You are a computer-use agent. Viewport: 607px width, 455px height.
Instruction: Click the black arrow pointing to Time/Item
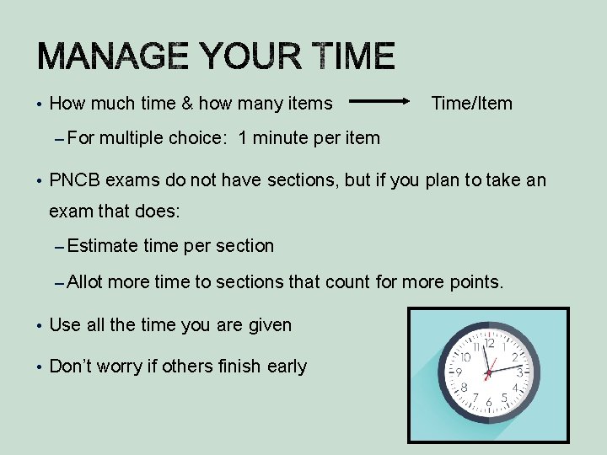[x=379, y=104]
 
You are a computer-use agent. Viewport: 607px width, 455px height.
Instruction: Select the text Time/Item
[x=471, y=104]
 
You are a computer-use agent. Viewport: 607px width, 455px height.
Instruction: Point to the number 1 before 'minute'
[x=243, y=137]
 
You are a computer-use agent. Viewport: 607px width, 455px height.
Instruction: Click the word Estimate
[x=102, y=246]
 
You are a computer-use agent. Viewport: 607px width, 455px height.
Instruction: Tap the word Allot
[x=85, y=282]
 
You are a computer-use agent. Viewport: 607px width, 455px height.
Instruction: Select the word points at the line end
[x=476, y=282]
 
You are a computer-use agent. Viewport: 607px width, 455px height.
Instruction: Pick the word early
[x=287, y=367]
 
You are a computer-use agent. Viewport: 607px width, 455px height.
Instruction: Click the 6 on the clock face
[x=489, y=403]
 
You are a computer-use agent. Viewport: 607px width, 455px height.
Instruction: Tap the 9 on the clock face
[x=459, y=372]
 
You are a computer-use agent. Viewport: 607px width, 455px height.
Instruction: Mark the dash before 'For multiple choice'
[x=57, y=138]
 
